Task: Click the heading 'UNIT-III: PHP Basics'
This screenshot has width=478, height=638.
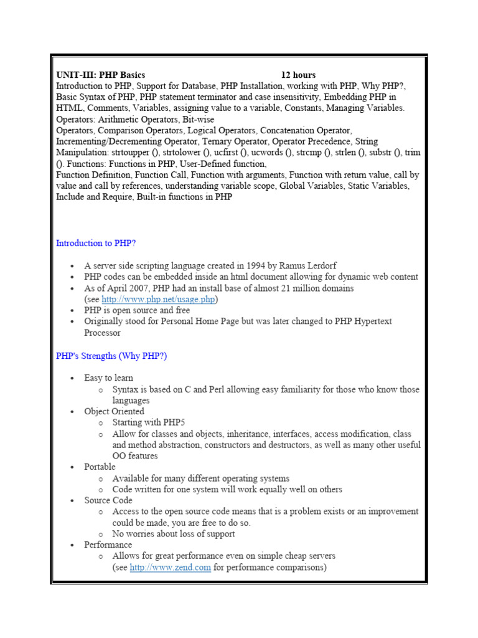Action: [100, 75]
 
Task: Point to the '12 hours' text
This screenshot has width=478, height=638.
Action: [298, 75]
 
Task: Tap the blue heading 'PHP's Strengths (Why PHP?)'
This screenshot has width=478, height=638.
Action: [111, 356]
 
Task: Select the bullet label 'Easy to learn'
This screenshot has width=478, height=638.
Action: [108, 378]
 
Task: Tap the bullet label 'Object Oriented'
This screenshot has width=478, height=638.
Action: [114, 411]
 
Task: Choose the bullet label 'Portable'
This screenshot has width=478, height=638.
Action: [100, 467]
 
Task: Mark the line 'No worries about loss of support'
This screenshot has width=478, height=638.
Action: [174, 533]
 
